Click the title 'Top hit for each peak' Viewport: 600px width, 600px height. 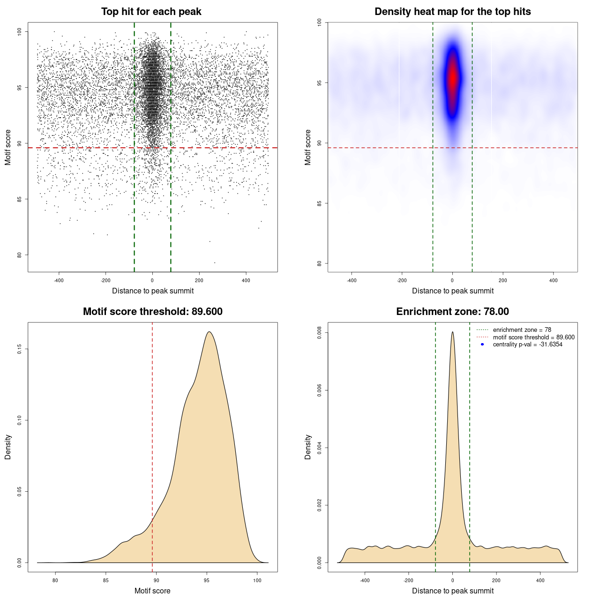point(151,12)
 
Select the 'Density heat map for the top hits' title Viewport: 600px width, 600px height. point(452,12)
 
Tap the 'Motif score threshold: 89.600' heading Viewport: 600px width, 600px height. point(152,312)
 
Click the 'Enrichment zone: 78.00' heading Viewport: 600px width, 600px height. point(452,312)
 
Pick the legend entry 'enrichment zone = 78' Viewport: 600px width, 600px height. point(522,330)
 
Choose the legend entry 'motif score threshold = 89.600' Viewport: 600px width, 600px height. point(533,337)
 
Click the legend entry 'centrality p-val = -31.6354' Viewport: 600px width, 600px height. point(527,345)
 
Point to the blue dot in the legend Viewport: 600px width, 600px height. point(482,345)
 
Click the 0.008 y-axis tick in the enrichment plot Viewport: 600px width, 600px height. point(319,333)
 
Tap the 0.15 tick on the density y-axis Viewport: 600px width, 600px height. point(19,349)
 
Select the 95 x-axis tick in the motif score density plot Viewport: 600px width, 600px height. point(207,581)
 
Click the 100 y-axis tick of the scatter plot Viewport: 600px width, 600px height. point(19,31)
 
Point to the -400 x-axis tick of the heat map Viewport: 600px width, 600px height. point(352,281)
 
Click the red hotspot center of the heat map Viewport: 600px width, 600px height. point(452,77)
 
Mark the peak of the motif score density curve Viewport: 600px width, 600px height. point(209,332)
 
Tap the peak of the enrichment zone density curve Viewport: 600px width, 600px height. point(452,332)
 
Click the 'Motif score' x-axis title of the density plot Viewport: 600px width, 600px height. point(152,591)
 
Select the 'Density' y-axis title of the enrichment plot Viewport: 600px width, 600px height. point(308,447)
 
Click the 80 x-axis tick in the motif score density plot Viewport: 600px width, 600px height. point(55,581)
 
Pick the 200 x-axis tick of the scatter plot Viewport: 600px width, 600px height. point(199,281)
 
